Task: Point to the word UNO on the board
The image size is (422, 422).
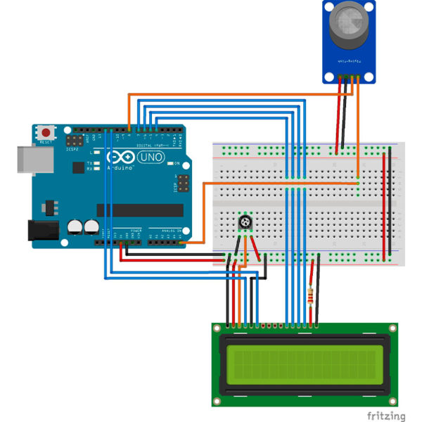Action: (149, 157)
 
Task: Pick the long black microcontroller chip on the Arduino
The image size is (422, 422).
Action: (139, 210)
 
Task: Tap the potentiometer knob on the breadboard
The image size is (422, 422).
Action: (245, 222)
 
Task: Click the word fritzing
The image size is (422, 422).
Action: (385, 416)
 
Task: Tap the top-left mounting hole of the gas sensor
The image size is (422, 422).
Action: (328, 6)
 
